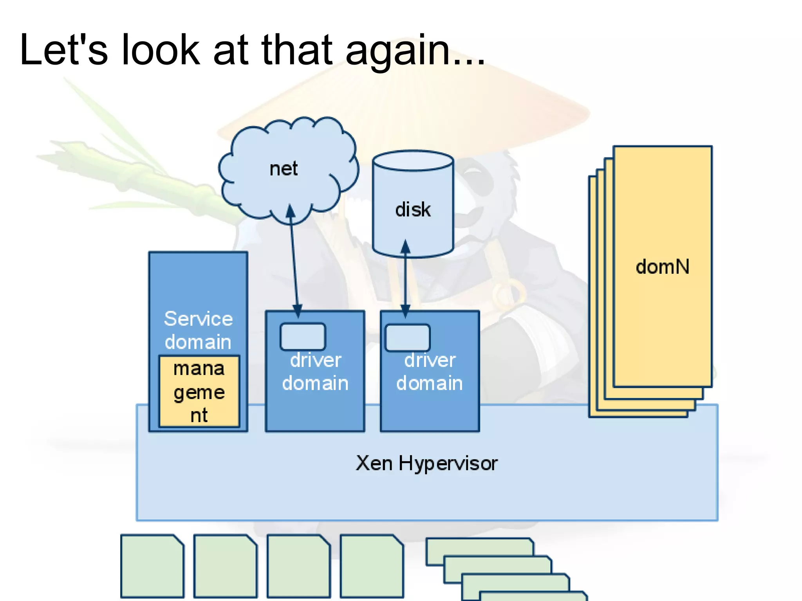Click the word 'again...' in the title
(x=415, y=51)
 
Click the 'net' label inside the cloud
(x=284, y=169)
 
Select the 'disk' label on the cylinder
(x=413, y=209)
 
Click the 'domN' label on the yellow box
(x=662, y=267)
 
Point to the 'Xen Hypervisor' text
(x=426, y=464)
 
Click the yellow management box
(x=199, y=391)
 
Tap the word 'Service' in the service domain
(x=198, y=318)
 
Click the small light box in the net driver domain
(x=303, y=336)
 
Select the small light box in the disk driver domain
(x=408, y=337)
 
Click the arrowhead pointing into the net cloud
(x=290, y=211)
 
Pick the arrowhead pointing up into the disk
(x=406, y=246)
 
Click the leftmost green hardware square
(x=152, y=566)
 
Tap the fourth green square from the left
(x=372, y=566)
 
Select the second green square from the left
(x=226, y=566)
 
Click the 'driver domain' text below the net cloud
(x=315, y=372)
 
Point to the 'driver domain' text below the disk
(x=430, y=372)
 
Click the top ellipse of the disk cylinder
(x=413, y=161)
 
